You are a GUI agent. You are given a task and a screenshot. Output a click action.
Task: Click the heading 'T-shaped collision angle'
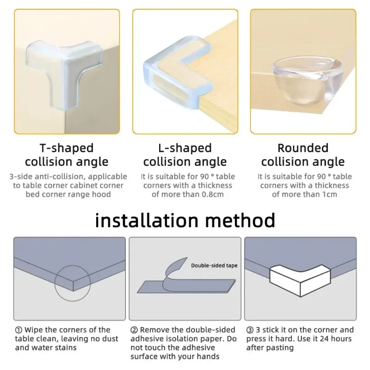(67, 155)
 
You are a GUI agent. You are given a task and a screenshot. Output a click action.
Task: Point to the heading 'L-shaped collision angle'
(185, 155)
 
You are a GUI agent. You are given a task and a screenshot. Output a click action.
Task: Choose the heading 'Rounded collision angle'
(303, 155)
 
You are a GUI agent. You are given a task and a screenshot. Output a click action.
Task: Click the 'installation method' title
(185, 220)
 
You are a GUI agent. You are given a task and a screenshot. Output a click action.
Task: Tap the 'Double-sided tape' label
(214, 265)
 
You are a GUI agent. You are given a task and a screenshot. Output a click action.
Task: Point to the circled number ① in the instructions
(18, 330)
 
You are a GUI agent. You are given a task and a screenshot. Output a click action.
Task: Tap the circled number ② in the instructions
(134, 330)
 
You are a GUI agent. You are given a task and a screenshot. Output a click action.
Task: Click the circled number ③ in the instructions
(250, 330)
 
